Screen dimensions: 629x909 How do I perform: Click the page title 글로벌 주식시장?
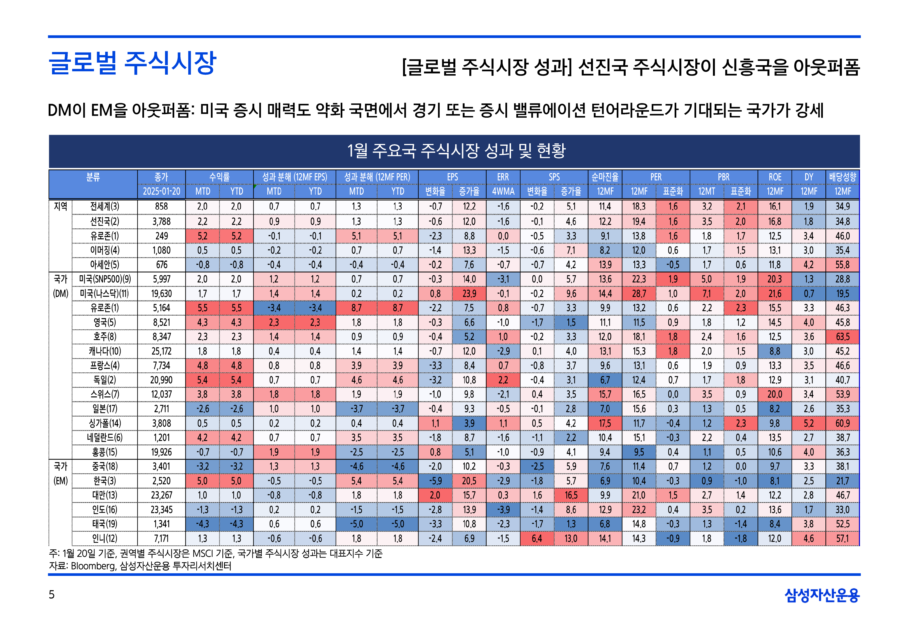click(132, 63)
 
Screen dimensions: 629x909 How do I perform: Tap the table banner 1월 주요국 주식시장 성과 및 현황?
click(456, 151)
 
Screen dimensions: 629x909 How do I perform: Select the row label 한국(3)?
click(104, 481)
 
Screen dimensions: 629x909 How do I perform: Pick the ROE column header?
click(774, 177)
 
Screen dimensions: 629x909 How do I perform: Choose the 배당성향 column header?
click(842, 177)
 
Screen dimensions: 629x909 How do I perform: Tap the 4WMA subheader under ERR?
click(503, 191)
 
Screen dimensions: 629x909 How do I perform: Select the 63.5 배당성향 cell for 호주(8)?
click(842, 337)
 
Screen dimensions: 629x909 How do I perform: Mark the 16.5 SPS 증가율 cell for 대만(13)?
click(571, 495)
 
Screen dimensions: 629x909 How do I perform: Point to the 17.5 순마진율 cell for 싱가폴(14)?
click(605, 423)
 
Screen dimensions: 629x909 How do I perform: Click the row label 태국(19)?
click(104, 524)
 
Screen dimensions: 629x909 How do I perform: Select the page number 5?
click(52, 594)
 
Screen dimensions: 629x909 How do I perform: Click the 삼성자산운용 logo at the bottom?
click(822, 595)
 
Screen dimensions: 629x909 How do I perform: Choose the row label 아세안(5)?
click(104, 265)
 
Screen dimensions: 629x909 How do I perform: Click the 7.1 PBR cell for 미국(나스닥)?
click(707, 294)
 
